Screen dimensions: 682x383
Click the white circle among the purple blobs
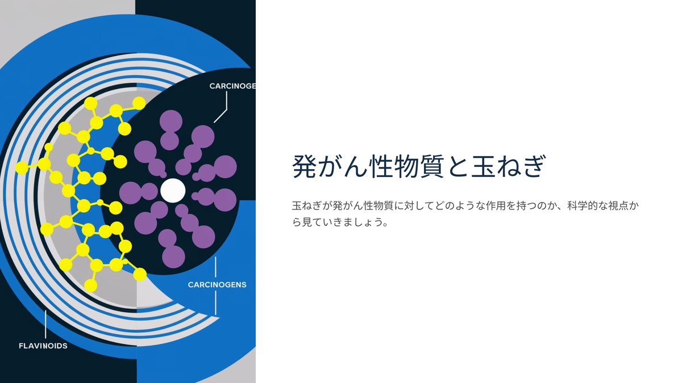[x=173, y=190]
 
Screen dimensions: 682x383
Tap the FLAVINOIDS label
[x=43, y=346]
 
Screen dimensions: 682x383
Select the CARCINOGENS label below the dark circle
[x=217, y=285]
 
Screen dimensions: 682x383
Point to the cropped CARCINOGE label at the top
[x=232, y=86]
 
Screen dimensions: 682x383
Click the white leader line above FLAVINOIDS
[x=45, y=324]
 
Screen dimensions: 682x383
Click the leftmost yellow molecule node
[x=22, y=168]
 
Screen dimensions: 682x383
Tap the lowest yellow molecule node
[x=90, y=285]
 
